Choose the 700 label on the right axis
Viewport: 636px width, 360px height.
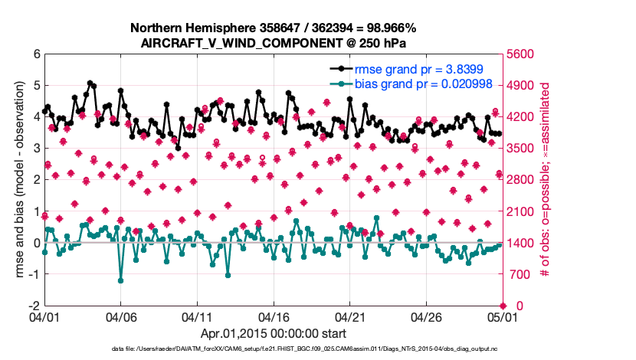pos(518,274)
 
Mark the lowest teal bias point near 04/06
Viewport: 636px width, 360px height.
pos(121,280)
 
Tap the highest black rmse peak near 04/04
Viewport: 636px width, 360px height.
pos(90,83)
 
